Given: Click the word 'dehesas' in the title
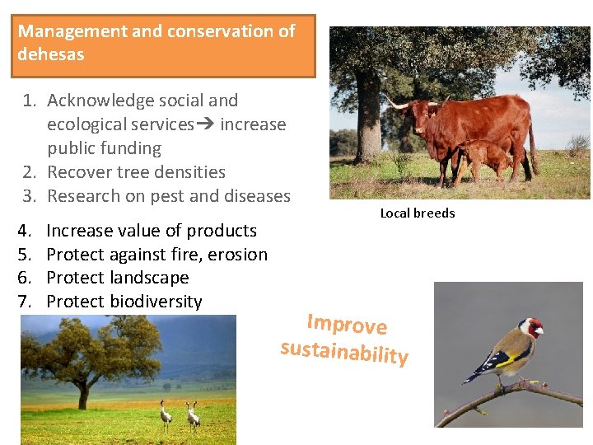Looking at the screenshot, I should click(x=51, y=54).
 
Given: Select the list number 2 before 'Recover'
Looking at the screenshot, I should click(x=29, y=172).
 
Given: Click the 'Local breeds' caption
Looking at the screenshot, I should click(x=417, y=213).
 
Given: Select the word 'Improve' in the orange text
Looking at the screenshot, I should click(x=347, y=323).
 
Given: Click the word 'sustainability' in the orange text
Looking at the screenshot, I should click(x=344, y=352).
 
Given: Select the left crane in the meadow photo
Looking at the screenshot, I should click(x=166, y=415).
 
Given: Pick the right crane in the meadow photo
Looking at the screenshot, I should click(x=193, y=415).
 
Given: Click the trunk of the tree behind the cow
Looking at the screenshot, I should click(x=367, y=124).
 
